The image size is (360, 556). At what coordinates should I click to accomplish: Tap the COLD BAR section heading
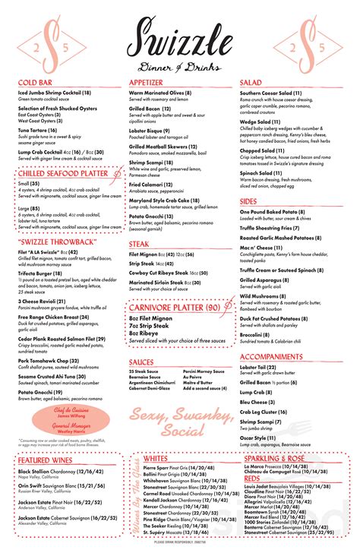[x=35, y=82]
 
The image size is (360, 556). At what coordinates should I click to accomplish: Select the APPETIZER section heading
[x=146, y=82]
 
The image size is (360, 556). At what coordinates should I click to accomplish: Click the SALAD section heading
[x=251, y=82]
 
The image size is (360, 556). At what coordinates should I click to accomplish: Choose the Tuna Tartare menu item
[x=38, y=130]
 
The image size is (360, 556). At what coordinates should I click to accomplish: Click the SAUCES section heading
[x=142, y=362]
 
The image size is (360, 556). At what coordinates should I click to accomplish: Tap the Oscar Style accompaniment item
[x=259, y=438]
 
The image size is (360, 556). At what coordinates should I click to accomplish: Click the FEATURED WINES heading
[x=45, y=460]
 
